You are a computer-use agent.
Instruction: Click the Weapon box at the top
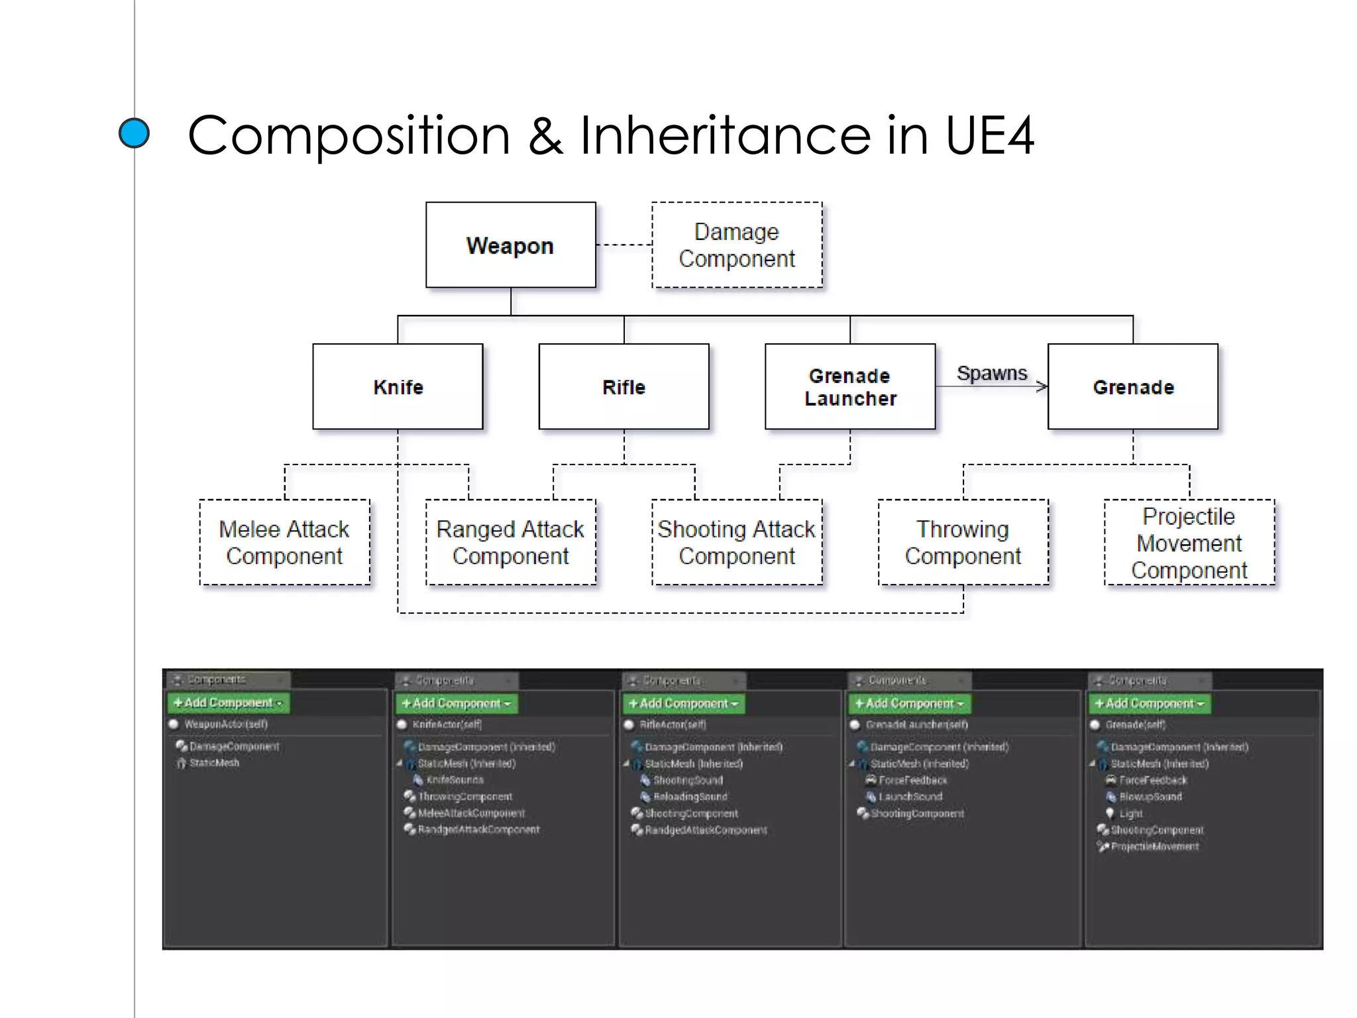coord(510,245)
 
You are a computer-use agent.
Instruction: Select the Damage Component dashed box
coord(737,245)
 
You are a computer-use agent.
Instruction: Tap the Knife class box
coord(398,387)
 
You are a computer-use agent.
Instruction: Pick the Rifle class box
coord(624,387)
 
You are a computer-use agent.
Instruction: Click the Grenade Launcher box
coord(850,387)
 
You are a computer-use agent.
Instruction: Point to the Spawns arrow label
coord(991,373)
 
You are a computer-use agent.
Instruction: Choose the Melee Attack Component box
coord(284,542)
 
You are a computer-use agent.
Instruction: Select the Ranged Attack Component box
coord(510,542)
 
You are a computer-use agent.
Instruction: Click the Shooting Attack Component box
coord(737,542)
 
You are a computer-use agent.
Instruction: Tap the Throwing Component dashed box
coord(963,542)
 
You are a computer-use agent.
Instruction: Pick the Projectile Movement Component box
coord(1189,542)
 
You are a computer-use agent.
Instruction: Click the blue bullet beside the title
coord(134,133)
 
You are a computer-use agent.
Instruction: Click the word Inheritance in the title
coord(726,136)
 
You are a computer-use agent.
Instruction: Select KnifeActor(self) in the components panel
coord(447,724)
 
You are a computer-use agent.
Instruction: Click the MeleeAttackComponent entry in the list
coord(471,813)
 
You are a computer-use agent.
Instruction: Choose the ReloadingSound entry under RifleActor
coord(690,797)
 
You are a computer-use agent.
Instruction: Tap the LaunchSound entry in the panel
coord(910,797)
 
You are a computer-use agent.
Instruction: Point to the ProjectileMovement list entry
coord(1154,846)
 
